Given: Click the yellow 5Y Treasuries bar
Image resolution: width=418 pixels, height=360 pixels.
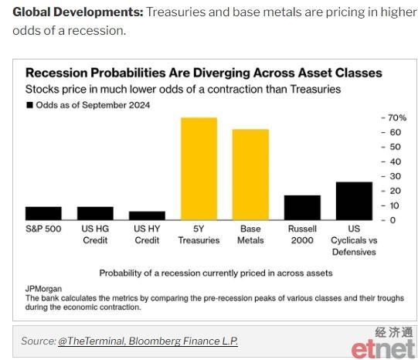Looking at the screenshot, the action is pyautogui.click(x=199, y=168).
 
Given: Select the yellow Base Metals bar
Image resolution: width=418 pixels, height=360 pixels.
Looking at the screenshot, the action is pyautogui.click(x=250, y=175).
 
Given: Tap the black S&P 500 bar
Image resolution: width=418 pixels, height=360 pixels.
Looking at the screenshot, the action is pyautogui.click(x=43, y=213).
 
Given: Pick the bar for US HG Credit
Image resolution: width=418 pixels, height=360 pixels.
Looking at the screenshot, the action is pyautogui.click(x=95, y=213).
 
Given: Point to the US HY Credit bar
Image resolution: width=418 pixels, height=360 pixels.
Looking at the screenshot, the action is pyautogui.click(x=147, y=216).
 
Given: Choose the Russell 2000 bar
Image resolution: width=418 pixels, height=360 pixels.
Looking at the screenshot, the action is pyautogui.click(x=302, y=208).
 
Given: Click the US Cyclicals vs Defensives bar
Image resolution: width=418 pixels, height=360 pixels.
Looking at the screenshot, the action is pyautogui.click(x=354, y=201).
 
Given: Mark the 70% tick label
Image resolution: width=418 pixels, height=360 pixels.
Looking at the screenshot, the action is pyautogui.click(x=397, y=117).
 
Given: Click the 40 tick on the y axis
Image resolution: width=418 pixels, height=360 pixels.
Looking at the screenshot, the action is pyautogui.click(x=395, y=161).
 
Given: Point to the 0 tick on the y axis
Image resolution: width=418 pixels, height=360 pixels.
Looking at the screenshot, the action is pyautogui.click(x=393, y=220).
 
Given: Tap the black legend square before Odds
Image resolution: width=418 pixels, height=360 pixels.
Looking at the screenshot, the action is pyautogui.click(x=29, y=105).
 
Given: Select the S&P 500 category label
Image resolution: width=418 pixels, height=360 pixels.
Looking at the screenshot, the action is pyautogui.click(x=43, y=229).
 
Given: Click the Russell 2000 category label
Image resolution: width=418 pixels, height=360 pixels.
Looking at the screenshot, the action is pyautogui.click(x=302, y=235).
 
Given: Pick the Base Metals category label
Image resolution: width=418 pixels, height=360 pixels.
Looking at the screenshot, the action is pyautogui.click(x=250, y=235).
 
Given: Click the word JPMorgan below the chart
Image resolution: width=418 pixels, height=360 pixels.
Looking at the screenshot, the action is pyautogui.click(x=43, y=289).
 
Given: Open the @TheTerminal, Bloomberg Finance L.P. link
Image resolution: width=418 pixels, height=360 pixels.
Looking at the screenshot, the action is pyautogui.click(x=148, y=341).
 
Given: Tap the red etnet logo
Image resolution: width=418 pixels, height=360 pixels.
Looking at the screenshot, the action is pyautogui.click(x=383, y=349).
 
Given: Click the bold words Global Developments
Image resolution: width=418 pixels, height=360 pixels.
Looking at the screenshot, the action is pyautogui.click(x=78, y=12).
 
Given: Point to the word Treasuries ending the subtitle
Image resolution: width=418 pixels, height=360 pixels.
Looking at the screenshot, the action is pyautogui.click(x=315, y=90).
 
